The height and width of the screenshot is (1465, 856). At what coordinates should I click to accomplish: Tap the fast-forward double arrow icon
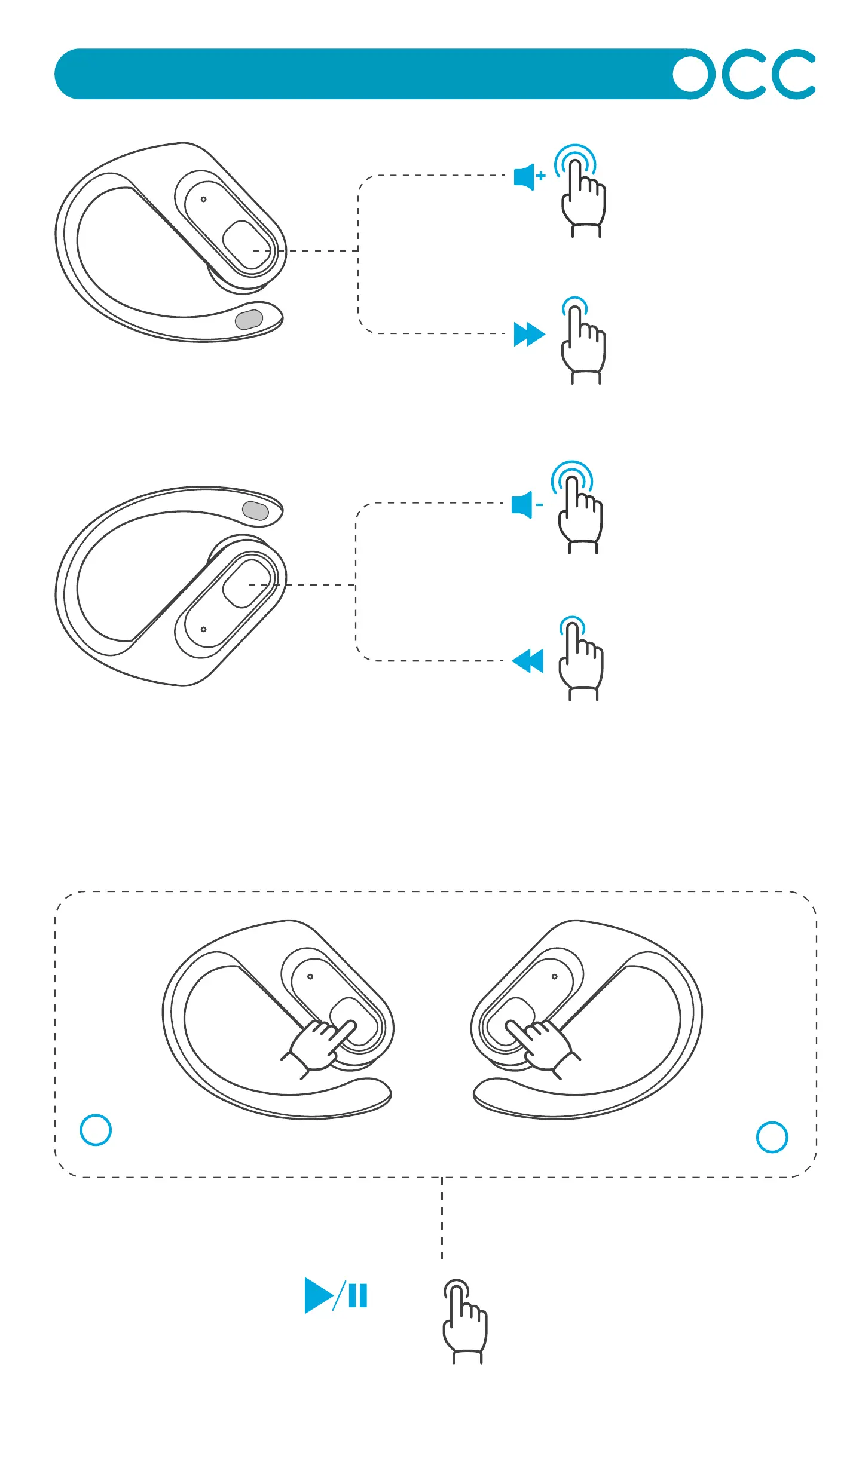[x=529, y=334]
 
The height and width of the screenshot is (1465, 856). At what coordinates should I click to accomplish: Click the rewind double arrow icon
[x=528, y=661]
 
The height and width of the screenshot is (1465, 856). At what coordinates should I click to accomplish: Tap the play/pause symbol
[x=335, y=1295]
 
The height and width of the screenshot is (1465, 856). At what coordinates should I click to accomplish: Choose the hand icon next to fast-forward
[x=583, y=347]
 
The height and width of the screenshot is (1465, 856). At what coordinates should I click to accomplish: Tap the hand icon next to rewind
[x=580, y=663]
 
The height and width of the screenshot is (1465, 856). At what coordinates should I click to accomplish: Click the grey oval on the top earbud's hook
[x=249, y=320]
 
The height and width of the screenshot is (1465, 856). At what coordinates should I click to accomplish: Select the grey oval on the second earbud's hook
[x=255, y=511]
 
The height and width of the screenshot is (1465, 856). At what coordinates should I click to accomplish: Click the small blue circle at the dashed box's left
[x=96, y=1130]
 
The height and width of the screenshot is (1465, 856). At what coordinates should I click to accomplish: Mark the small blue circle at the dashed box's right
[x=772, y=1136]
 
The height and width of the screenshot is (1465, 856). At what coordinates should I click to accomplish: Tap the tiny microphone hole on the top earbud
[x=204, y=200]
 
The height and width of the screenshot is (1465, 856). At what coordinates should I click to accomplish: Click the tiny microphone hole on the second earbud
[x=204, y=629]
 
